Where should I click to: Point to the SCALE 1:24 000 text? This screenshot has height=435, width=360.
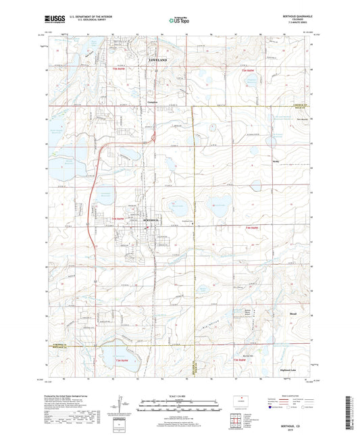pos(179,396)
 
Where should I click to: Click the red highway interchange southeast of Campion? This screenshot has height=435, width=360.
pos(155,138)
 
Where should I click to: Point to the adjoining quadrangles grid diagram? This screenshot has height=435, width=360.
pos(235,422)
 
